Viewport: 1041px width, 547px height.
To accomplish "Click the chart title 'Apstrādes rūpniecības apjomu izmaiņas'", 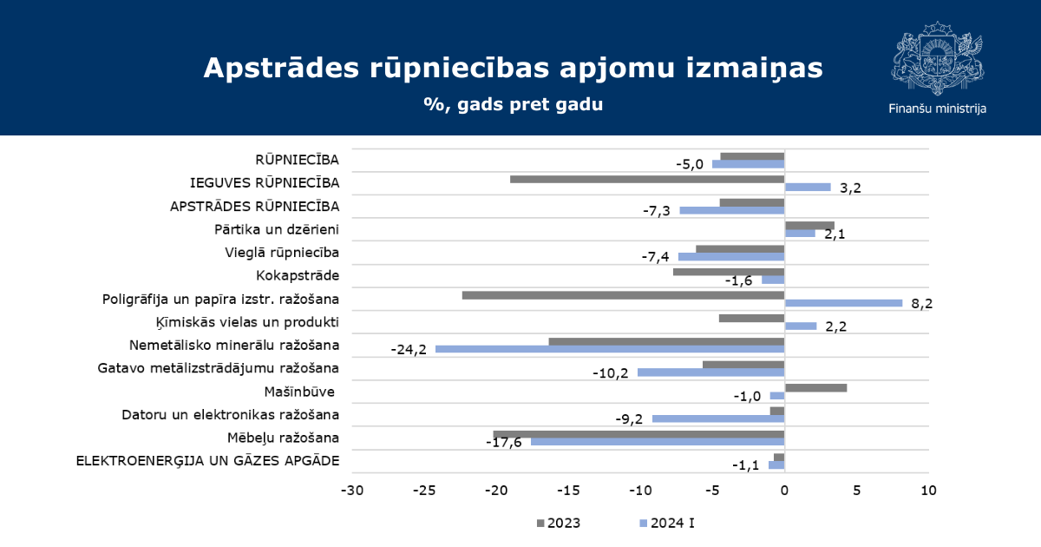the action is point(513,68).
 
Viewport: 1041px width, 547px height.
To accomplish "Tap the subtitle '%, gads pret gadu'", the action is point(513,104).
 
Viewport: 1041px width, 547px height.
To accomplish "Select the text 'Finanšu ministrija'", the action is point(938,109).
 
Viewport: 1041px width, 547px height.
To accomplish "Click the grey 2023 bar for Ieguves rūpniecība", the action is point(647,179).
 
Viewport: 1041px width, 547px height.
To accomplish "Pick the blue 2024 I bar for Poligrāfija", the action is point(843,303).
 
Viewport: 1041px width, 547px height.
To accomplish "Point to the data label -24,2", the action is point(409,349).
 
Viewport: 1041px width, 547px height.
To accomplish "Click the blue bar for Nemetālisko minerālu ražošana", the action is point(610,349).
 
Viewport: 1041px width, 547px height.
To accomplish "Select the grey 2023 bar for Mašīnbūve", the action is point(815,388).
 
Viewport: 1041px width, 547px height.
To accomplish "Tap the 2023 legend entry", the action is point(559,524).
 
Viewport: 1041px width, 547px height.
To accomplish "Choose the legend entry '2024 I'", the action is point(667,524).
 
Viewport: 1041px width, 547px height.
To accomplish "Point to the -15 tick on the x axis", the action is point(568,491).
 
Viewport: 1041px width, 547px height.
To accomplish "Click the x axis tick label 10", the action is point(928,491).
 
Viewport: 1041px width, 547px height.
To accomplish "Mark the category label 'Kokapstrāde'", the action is point(298,276).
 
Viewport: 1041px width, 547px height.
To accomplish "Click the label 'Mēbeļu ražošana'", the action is point(283,438).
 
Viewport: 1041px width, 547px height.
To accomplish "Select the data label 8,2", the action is point(921,304).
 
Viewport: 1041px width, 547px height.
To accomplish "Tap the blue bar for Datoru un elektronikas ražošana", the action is point(718,418).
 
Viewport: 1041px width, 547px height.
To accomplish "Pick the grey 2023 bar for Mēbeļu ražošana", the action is point(639,434).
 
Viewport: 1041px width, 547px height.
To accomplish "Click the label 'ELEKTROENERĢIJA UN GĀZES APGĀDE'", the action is point(207,461).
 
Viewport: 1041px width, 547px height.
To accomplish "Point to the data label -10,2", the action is point(610,373).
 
